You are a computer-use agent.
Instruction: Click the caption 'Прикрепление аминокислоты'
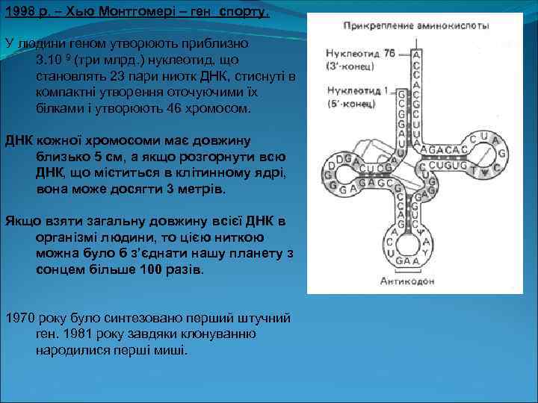(x=416, y=25)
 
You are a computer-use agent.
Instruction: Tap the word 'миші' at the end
(x=171, y=350)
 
